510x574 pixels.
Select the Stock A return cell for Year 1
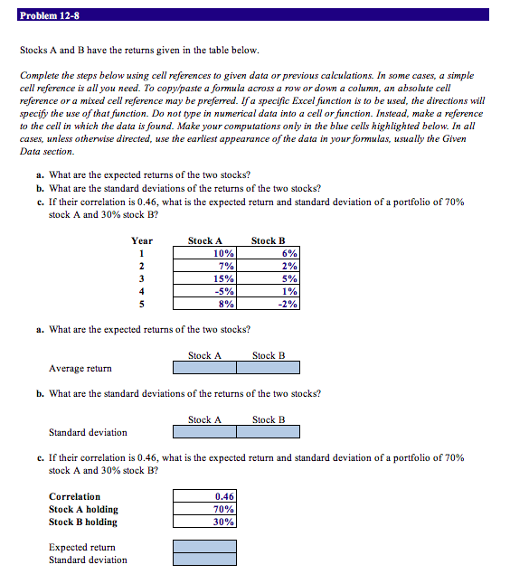pos(205,253)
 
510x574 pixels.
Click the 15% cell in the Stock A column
pos(205,278)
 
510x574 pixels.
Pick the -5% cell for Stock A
pos(205,291)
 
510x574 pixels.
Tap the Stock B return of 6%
pos(269,253)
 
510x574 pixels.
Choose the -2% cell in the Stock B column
pos(269,304)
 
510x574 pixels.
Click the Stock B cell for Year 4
pos(269,291)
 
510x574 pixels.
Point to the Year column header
pos(142,240)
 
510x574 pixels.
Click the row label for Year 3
pos(141,278)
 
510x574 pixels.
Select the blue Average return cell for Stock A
pos(205,368)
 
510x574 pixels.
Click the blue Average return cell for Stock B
pos(269,368)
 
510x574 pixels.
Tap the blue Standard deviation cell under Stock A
pos(205,432)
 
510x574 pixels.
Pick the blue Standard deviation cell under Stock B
pos(269,432)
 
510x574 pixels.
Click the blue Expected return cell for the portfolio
pos(205,547)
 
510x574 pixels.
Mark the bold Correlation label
pos(75,496)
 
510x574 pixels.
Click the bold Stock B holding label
pos(83,522)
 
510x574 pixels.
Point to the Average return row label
pos(80,368)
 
